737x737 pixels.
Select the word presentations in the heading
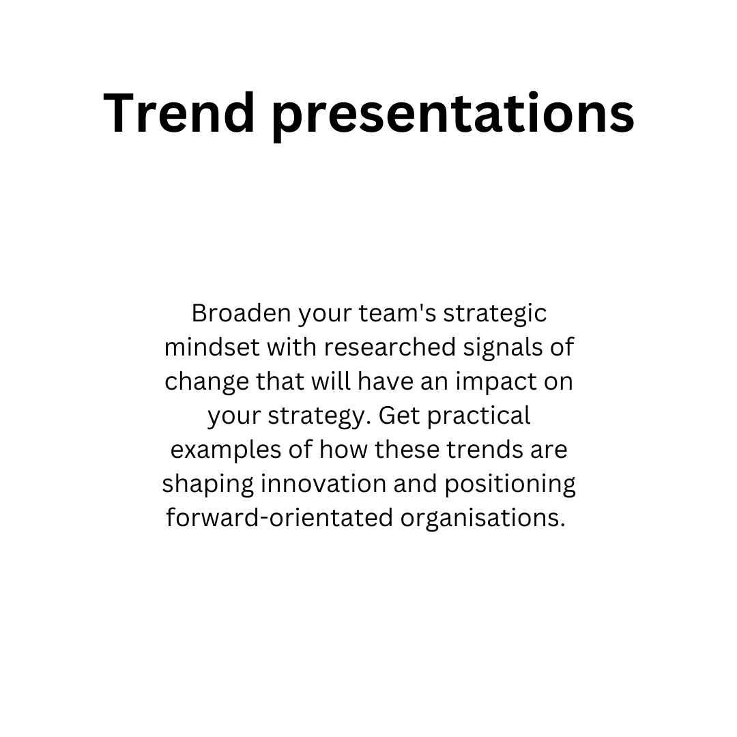[454, 116]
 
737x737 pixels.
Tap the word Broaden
[241, 313]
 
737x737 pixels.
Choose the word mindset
[212, 347]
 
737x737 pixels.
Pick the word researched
[390, 347]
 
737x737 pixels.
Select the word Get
[399, 416]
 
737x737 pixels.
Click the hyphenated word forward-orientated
[279, 517]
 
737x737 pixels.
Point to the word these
[407, 449]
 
